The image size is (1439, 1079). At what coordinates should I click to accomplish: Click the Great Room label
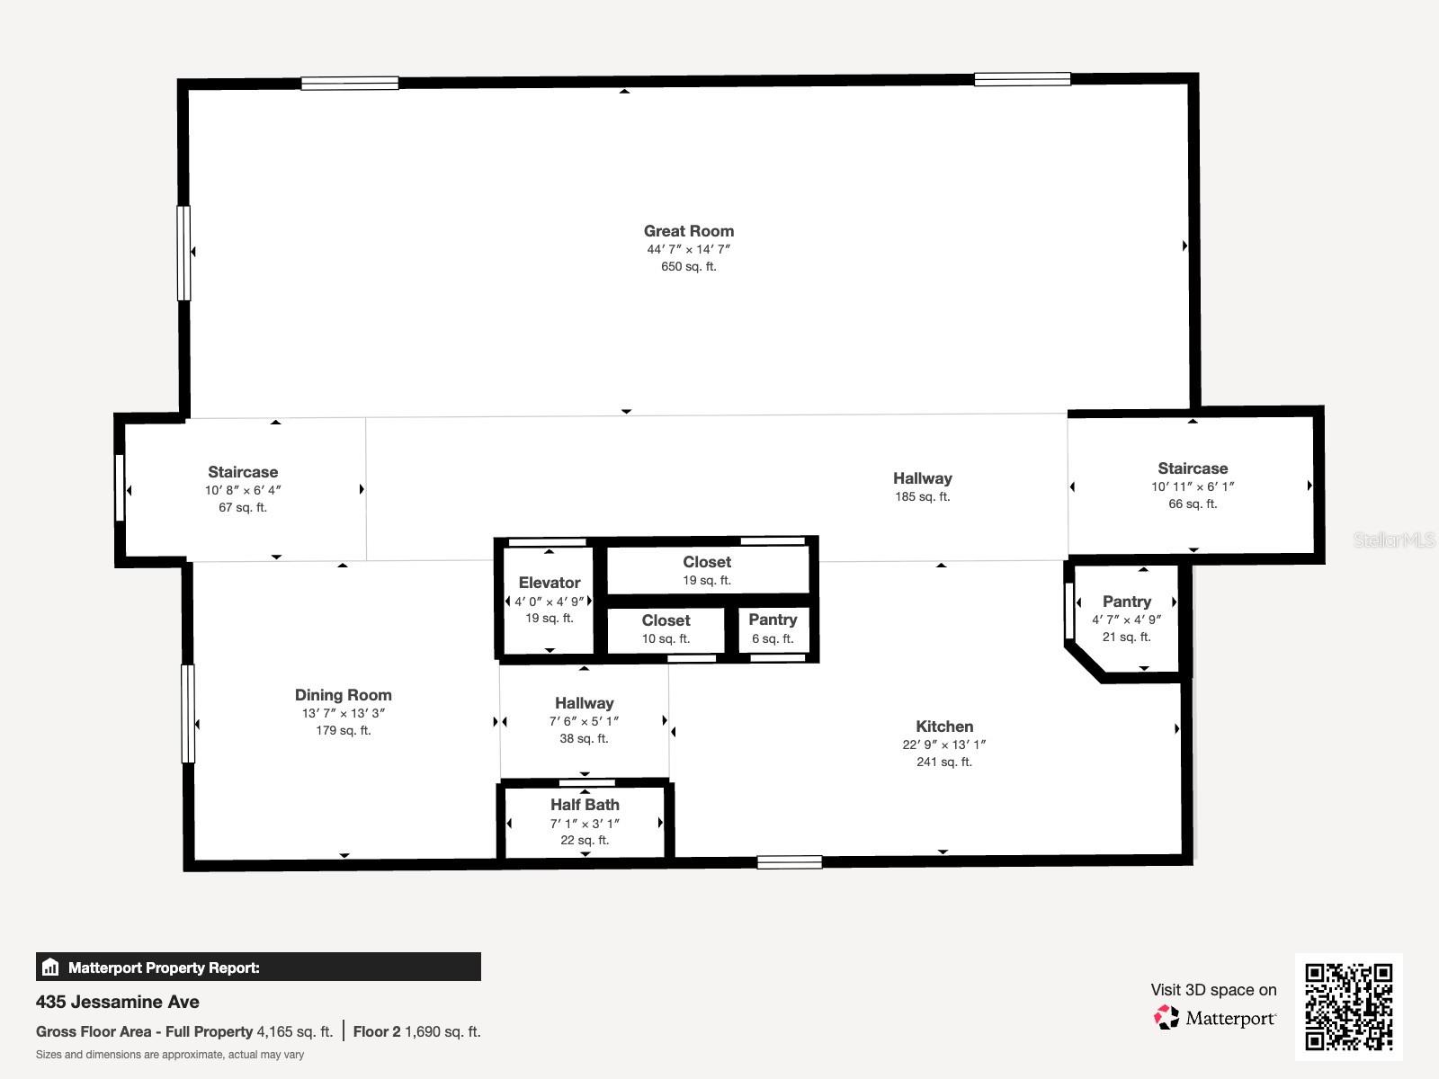688,231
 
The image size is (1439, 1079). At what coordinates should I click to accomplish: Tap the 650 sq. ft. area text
688,266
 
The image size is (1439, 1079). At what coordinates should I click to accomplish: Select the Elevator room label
549,583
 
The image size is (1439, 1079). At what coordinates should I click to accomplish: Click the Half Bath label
585,805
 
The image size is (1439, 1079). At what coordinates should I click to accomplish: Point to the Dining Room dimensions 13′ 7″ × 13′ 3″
343,713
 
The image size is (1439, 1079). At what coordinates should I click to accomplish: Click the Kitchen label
943,727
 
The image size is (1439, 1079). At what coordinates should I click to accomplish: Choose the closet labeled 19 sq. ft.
707,570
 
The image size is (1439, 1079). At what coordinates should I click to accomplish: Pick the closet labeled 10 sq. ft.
666,629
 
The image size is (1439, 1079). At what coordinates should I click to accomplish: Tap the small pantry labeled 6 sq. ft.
773,629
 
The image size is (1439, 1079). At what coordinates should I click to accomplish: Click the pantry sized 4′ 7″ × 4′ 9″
1126,619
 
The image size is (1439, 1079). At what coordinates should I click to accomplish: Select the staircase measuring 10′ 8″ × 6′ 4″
243,489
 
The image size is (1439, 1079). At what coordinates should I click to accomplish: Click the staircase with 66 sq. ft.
1193,486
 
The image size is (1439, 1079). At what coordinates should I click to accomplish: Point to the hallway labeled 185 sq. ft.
922,486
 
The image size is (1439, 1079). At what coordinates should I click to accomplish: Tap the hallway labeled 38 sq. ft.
584,720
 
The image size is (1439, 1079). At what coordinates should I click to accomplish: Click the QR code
1348,1006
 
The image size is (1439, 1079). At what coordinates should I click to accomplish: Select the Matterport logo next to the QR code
1215,1018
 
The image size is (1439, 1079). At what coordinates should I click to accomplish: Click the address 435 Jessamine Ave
118,1002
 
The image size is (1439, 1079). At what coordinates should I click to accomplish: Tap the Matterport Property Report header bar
258,968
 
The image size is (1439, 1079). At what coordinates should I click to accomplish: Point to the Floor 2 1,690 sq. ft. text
416,1031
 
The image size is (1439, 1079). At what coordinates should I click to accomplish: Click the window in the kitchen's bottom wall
789,862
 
